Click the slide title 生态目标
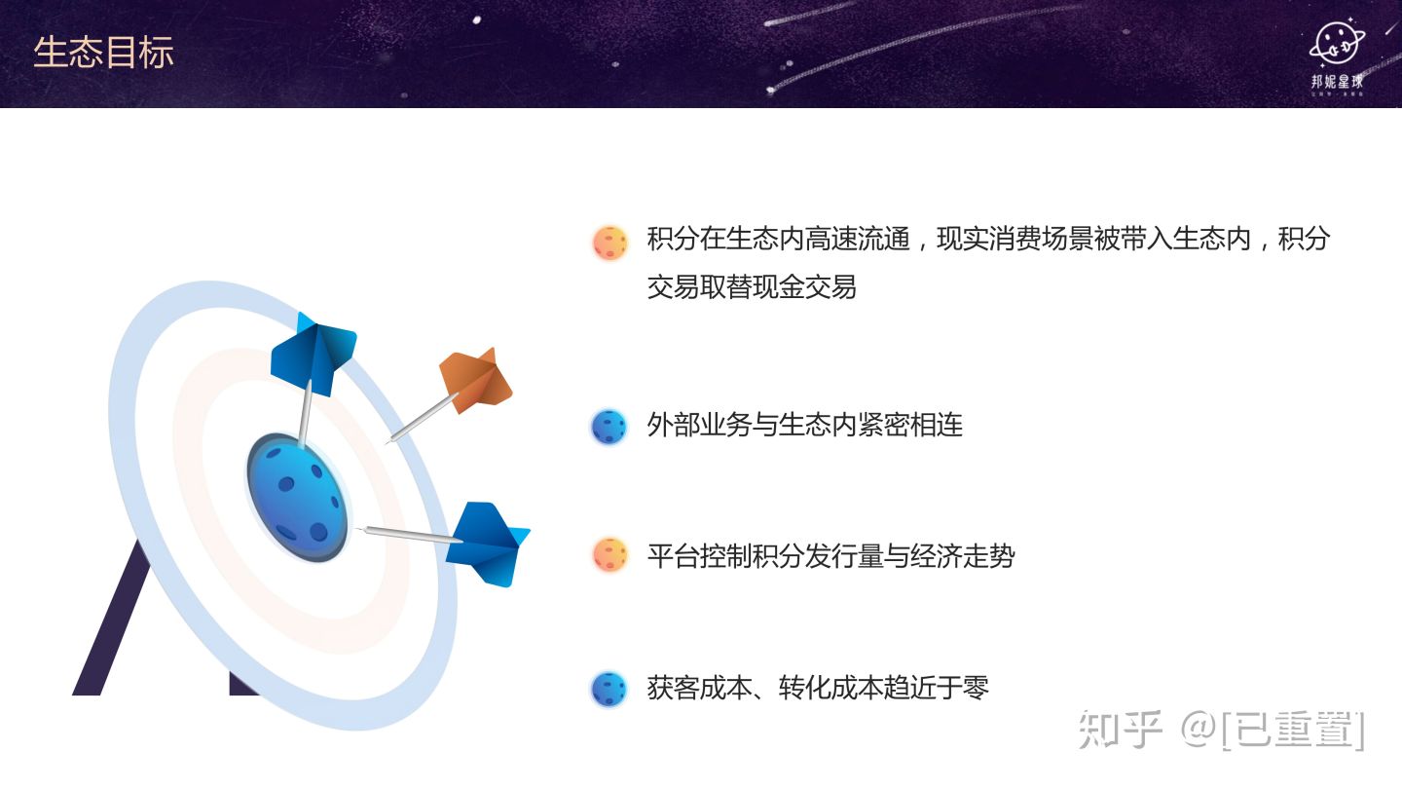pos(103,52)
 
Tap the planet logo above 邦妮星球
pos(1338,43)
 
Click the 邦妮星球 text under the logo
pos(1338,82)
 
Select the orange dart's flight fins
pos(476,381)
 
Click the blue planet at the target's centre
pos(298,497)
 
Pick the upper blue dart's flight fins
pos(313,354)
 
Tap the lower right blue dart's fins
pos(488,544)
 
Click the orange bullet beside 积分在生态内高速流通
pos(609,243)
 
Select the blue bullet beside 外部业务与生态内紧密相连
pos(609,427)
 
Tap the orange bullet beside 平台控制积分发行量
pos(609,554)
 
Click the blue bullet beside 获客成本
pos(609,690)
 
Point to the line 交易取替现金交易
pos(752,286)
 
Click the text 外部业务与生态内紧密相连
pos(805,425)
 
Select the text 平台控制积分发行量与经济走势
pos(830,555)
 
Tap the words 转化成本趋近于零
pos(884,688)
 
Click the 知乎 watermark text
pos(1121,730)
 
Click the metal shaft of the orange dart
pos(421,418)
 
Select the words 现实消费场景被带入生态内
pos(1093,239)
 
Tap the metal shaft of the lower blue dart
pos(410,535)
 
